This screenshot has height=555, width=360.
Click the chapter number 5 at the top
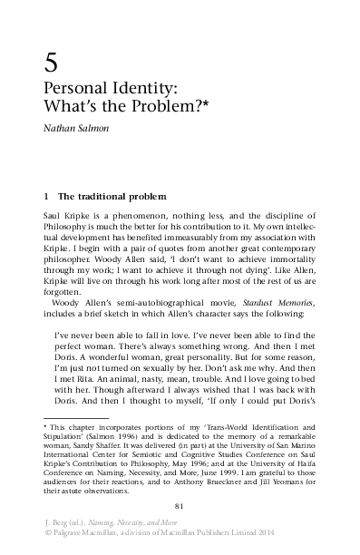[x=52, y=63]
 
